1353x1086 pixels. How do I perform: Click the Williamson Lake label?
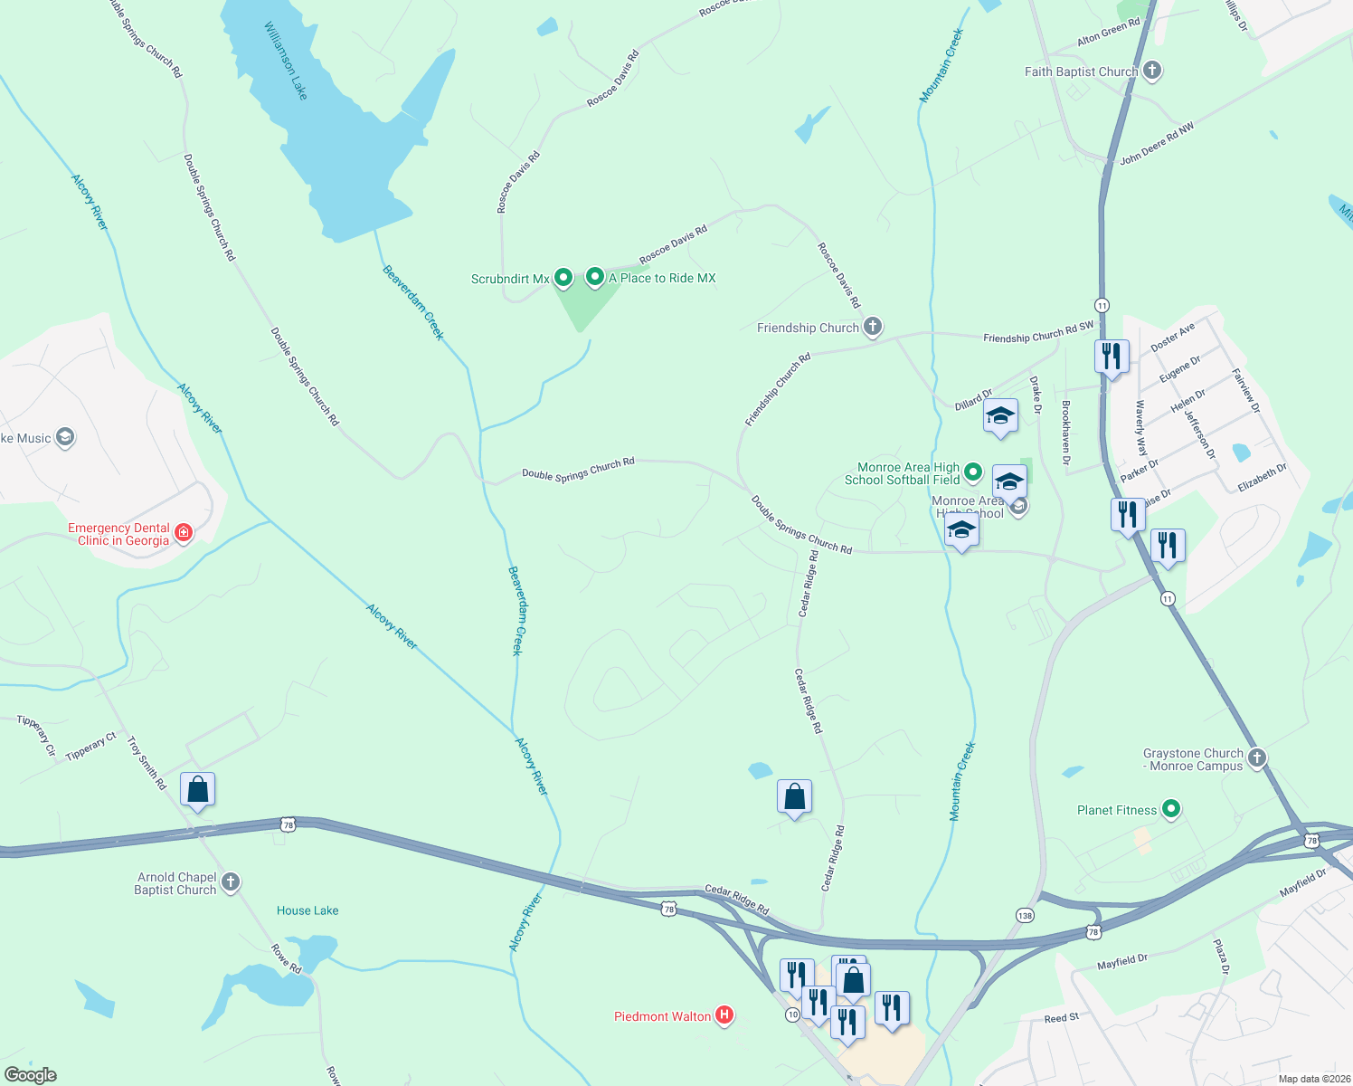pos(286,61)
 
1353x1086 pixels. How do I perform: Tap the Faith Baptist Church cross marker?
pos(1151,71)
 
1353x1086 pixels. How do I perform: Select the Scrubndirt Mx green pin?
pos(563,278)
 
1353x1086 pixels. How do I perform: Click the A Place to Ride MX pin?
pos(594,277)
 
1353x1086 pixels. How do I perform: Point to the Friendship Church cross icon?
pos(872,327)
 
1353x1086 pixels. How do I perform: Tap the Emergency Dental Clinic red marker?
pos(184,532)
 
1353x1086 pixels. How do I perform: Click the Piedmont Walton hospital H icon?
pos(724,1015)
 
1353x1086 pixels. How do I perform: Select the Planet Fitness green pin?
pos(1171,809)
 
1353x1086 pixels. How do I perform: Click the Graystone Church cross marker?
pos(1257,758)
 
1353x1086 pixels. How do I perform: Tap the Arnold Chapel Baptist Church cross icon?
pos(231,882)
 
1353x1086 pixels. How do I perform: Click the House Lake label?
pos(307,910)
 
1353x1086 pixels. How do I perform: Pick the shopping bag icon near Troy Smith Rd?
pos(197,790)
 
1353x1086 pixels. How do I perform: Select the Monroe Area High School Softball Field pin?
pos(973,472)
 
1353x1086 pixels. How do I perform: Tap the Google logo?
pos(31,1075)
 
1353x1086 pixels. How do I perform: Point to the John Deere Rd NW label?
pos(1157,144)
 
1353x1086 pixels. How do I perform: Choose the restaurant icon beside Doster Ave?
pos(1112,356)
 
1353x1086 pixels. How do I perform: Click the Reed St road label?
pos(1061,1018)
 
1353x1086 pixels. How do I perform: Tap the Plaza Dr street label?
pos(1221,957)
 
